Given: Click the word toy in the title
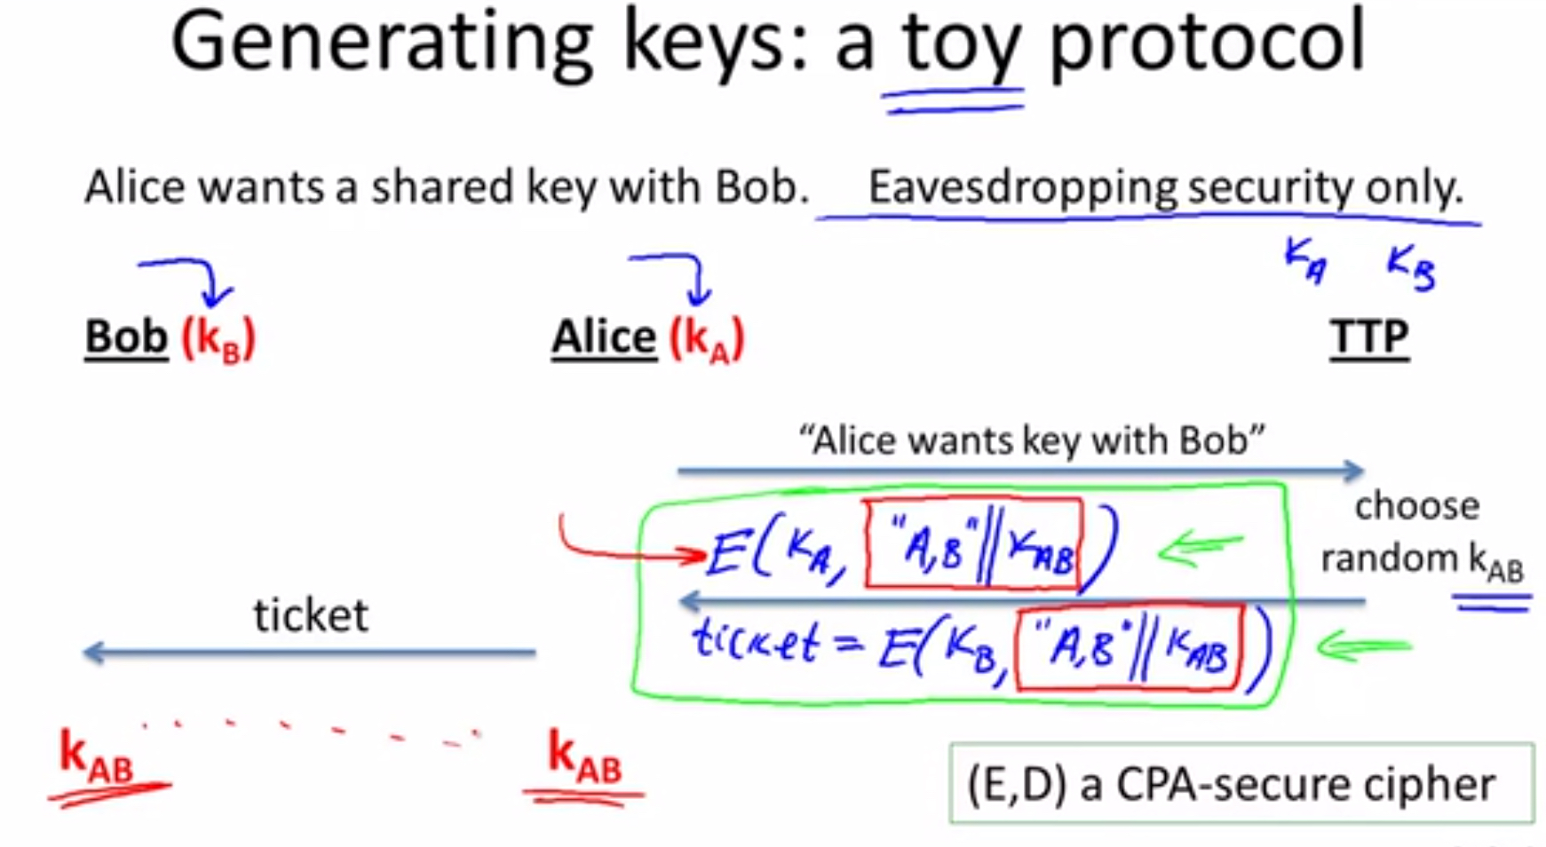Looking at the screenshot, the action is point(962,44).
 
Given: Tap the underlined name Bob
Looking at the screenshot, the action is point(126,337).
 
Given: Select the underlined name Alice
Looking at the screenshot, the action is point(604,337).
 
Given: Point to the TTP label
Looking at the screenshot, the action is point(1369,338).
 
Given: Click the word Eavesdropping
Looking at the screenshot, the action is point(1022,187).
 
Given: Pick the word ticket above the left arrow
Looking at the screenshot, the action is point(311,614).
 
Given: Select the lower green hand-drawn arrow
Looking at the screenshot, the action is point(1364,646).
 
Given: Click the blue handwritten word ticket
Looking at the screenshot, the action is point(754,640).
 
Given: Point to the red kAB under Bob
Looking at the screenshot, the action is point(96,756).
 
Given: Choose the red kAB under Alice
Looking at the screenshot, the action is point(584,756).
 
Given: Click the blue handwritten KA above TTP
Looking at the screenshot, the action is point(1305,261).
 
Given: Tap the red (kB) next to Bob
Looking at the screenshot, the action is point(218,339).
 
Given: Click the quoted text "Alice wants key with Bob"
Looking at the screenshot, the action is point(1031,439).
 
